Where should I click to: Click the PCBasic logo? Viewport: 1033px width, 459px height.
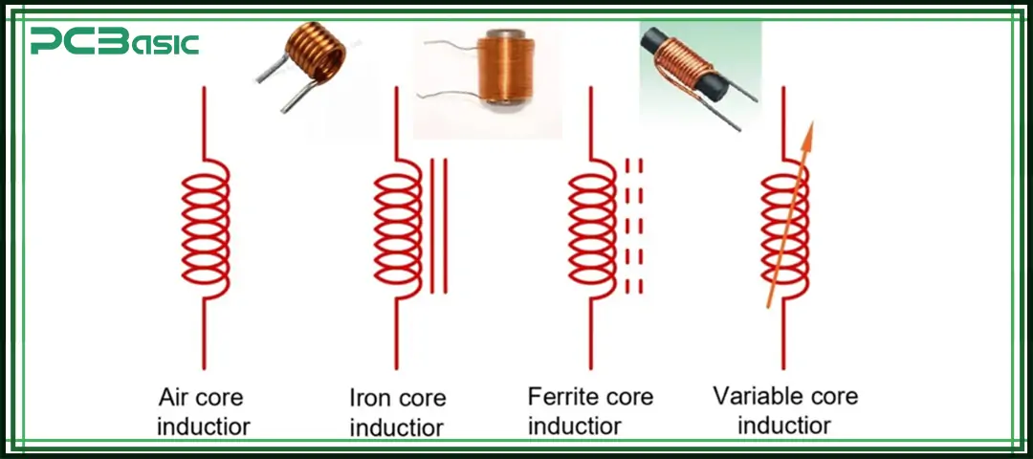pos(114,42)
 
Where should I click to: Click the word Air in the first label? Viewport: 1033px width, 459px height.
pos(175,397)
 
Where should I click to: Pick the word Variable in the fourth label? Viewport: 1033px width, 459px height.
pos(759,396)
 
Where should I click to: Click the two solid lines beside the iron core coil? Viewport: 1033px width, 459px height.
pos(438,225)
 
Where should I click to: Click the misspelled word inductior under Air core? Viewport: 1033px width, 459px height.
pos(204,426)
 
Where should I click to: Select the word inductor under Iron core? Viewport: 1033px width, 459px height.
pos(396,426)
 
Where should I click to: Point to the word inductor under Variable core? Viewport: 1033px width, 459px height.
pos(784,425)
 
